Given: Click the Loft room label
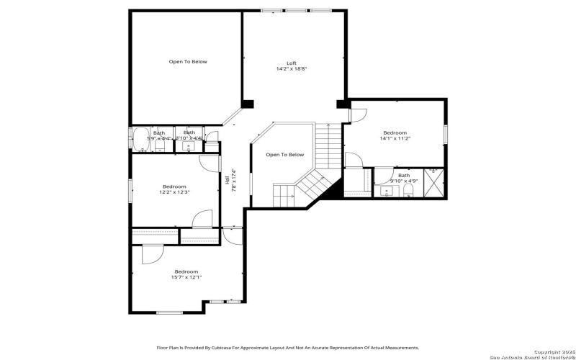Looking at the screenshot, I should coord(291,63).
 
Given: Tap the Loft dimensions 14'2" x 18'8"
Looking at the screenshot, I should coord(291,69).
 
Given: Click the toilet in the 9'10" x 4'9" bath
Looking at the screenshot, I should coord(408,190).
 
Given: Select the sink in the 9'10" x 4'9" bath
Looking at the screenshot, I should coord(387,192).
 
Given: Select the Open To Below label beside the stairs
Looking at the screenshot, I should coord(284,155).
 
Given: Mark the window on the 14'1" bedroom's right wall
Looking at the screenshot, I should coord(446,134).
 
